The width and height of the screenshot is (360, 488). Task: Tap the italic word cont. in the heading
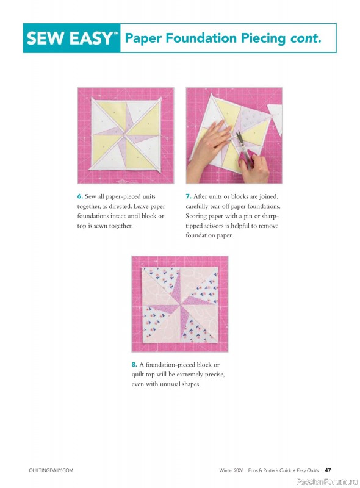pos(303,38)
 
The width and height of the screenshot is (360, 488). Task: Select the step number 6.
pos(79,196)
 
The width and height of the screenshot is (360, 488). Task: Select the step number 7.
pos(188,196)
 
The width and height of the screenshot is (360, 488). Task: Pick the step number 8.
pos(134,365)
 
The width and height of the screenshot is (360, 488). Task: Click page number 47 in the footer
pos(328,470)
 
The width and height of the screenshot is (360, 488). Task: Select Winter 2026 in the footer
pos(233,470)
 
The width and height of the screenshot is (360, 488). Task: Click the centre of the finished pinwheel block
pos(179,304)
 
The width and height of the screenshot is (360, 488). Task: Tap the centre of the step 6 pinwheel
pos(126,136)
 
